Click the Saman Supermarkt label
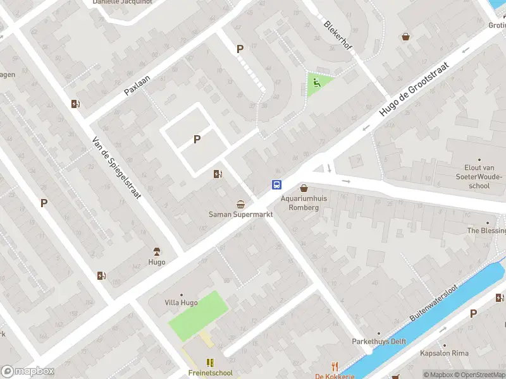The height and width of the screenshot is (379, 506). (240, 214)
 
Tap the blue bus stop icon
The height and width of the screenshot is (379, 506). (277, 184)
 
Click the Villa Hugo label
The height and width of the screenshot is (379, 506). (181, 303)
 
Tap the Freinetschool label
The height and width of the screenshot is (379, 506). (210, 373)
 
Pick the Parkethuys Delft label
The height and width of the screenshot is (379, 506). (379, 341)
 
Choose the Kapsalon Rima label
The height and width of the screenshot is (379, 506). (445, 353)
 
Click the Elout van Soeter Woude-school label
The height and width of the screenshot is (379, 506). (479, 177)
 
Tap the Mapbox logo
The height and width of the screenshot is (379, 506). (27, 371)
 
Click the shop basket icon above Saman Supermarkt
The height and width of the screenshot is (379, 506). (240, 204)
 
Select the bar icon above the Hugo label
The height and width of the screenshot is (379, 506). (157, 251)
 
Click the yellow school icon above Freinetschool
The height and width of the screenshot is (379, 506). (210, 363)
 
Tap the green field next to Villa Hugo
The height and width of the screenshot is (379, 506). (198, 314)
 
